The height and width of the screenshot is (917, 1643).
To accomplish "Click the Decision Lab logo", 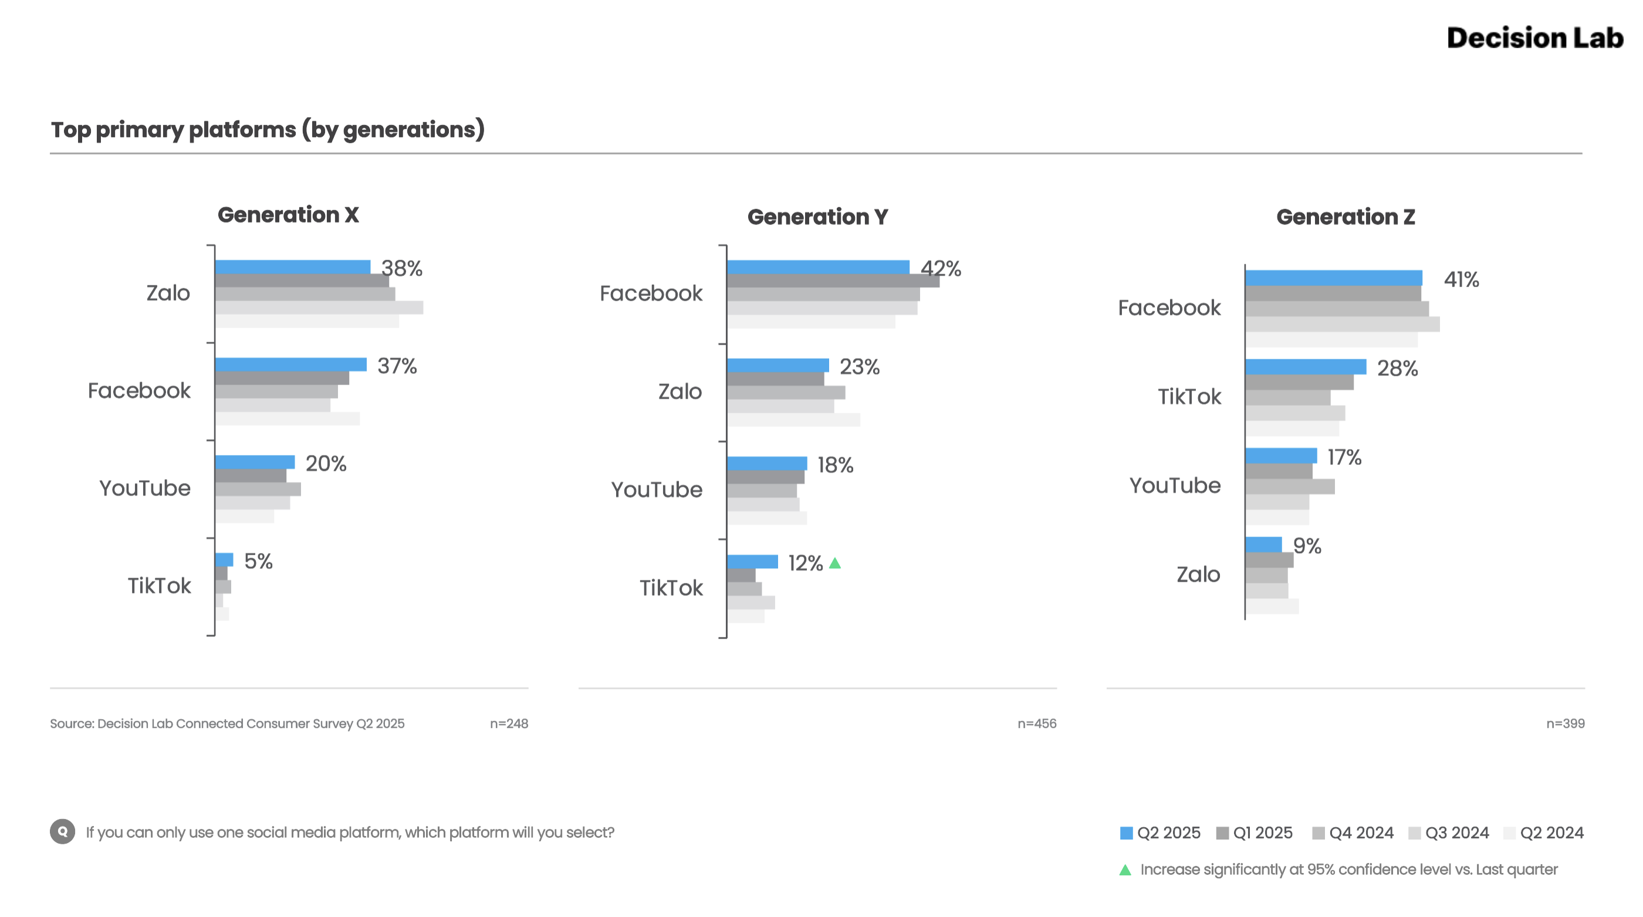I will (1534, 38).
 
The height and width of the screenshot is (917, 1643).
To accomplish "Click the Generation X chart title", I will (288, 215).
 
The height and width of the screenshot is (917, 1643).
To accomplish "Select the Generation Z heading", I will (1345, 217).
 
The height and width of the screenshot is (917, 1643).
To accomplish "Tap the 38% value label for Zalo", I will (402, 269).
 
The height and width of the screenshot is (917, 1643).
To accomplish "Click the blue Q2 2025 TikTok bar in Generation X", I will (224, 559).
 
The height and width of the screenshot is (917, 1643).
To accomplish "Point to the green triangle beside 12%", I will (835, 563).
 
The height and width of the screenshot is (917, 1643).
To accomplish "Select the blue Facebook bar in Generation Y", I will (817, 267).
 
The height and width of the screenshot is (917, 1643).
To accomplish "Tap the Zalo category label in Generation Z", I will (1198, 574).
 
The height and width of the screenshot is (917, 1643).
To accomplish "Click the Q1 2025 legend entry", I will (1255, 833).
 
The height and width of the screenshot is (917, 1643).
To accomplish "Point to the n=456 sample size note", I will (1036, 724).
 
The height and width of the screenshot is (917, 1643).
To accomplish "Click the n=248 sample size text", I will (508, 724).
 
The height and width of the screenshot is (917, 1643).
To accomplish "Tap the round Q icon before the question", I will (63, 831).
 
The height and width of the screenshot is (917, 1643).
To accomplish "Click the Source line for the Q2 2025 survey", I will (227, 724).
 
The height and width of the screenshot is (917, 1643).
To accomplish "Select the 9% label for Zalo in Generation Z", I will (1307, 546).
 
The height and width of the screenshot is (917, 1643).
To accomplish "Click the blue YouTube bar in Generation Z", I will (1281, 456).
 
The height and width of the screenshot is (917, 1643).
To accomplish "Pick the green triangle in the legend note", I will (1125, 870).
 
